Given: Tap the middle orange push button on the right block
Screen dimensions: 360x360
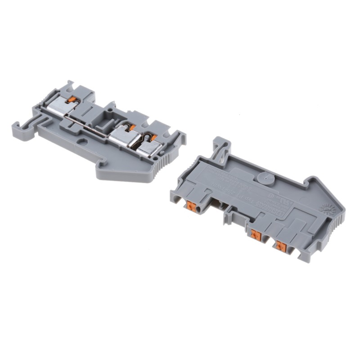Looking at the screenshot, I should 256,234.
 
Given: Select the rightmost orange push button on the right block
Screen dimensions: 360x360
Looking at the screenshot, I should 281,246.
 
